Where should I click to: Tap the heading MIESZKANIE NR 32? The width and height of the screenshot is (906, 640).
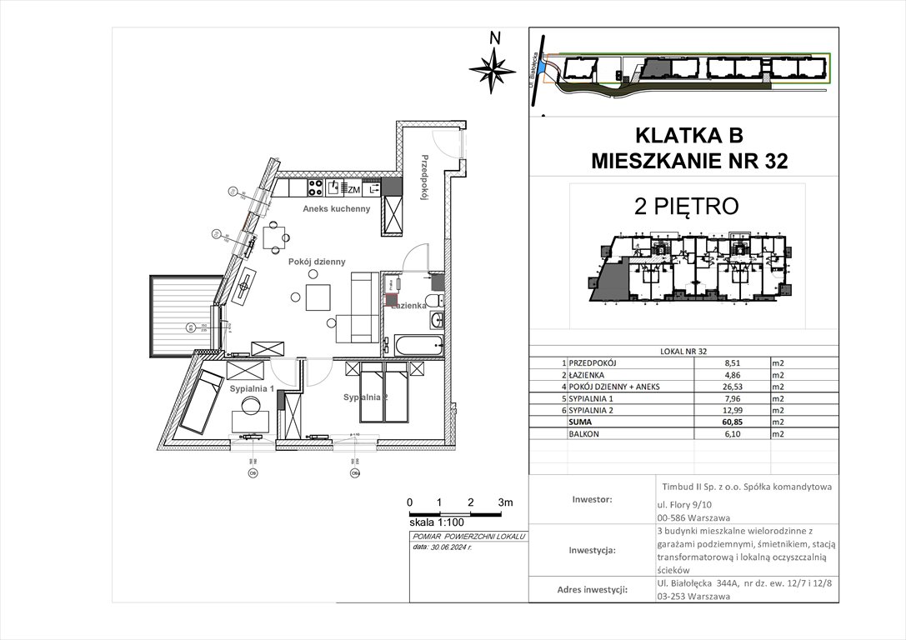coord(688,161)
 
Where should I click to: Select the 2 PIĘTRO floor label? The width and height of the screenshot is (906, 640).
coord(686,207)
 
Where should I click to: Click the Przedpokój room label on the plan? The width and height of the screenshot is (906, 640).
coord(424,178)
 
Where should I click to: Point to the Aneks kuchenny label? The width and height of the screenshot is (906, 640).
coord(337,208)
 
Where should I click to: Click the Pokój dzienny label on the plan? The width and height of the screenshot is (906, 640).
coord(317,262)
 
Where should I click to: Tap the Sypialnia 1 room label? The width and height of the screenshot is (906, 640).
coord(251,389)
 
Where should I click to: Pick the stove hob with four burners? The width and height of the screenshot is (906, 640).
coord(317,187)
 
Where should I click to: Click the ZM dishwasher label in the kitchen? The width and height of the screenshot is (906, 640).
coord(353,189)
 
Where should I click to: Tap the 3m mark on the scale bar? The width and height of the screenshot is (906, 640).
coord(504,502)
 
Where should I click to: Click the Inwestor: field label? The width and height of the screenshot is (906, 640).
coord(592,500)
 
